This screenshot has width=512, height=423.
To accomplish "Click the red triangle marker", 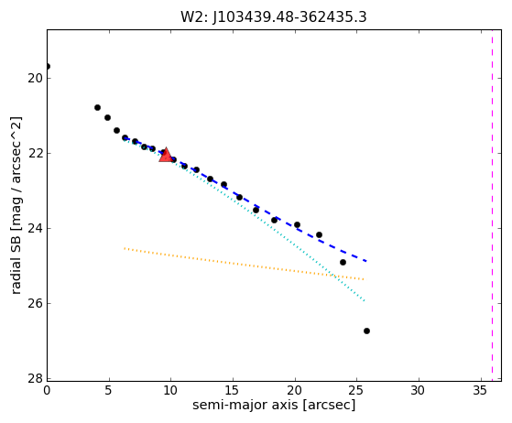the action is (166, 155).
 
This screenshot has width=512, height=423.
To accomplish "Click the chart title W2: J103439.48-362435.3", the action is (274, 17).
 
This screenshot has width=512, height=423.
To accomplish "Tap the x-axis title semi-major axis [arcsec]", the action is (274, 405).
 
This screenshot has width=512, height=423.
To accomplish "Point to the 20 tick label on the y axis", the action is (35, 79).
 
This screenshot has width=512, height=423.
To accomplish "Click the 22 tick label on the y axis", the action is (35, 154).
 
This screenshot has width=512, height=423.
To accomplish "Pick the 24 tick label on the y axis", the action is (35, 229).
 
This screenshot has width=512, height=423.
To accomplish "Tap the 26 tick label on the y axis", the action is (35, 304).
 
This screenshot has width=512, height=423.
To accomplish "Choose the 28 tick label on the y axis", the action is (35, 379).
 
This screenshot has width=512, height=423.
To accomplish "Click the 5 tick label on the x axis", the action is (109, 390).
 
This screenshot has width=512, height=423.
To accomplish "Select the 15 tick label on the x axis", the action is (233, 390).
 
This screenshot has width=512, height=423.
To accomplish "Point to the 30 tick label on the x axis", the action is (419, 390).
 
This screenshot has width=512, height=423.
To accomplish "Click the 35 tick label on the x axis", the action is (481, 390).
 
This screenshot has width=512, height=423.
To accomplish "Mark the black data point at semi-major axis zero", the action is (48, 67).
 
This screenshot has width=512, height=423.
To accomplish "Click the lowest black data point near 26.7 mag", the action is (366, 331).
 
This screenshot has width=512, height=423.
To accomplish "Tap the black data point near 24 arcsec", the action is (343, 262).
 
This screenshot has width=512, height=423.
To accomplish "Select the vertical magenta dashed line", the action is (493, 205).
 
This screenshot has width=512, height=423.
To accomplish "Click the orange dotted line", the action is (244, 264).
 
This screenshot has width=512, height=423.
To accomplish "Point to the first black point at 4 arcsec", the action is (97, 107).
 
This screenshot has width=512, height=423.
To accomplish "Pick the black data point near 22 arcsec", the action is (319, 234).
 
